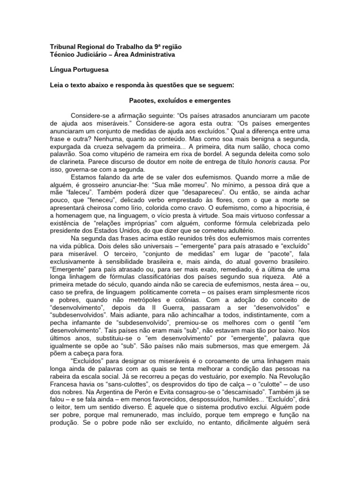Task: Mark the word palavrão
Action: (x=64, y=153)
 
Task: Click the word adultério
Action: (x=240, y=231)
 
